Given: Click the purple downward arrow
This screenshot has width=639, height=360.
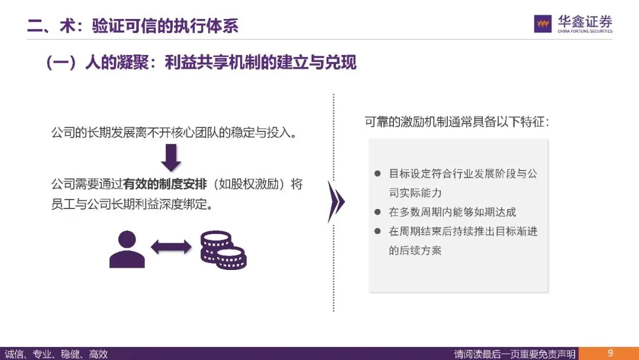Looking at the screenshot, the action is (x=171, y=157).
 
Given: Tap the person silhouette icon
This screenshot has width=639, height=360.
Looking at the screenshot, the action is (x=127, y=249).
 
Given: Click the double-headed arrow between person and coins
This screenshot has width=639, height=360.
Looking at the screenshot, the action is (x=171, y=247).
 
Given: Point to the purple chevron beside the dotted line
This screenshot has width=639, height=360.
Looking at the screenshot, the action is (x=335, y=201).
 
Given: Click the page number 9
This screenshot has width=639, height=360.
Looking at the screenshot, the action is (x=610, y=353).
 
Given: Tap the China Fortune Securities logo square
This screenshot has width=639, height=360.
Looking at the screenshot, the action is (x=543, y=24).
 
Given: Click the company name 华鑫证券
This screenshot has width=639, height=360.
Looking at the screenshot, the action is (x=585, y=21).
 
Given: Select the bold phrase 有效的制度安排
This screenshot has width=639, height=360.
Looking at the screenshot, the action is (x=165, y=184).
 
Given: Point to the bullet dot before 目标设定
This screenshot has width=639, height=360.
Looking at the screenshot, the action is (x=377, y=174).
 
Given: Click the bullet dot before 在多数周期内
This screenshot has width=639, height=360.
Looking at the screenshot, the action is (x=377, y=212).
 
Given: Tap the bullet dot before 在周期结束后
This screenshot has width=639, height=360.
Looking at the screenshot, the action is (x=377, y=232).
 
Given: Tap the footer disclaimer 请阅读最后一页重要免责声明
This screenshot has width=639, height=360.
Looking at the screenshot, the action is (x=514, y=354).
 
